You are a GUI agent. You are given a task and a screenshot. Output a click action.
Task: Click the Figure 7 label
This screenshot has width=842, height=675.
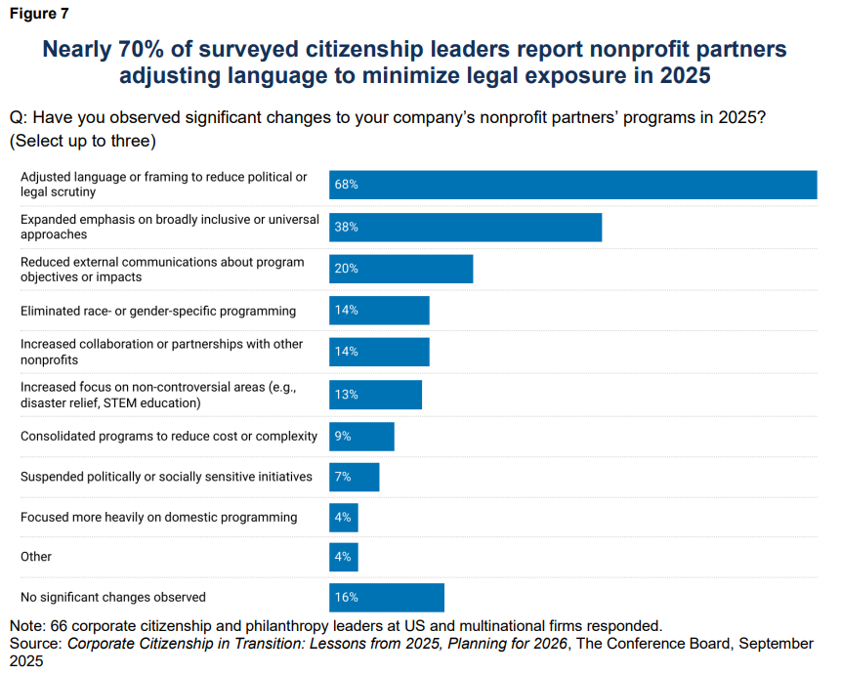(x=39, y=14)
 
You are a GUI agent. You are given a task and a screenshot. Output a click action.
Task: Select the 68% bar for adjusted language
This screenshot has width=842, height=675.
(x=572, y=185)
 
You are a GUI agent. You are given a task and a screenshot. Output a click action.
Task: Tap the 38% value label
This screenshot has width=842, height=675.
(x=346, y=227)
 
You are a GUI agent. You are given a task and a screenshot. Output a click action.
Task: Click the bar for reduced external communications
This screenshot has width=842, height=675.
(x=400, y=269)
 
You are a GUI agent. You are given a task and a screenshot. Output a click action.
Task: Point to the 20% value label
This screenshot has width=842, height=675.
(x=346, y=269)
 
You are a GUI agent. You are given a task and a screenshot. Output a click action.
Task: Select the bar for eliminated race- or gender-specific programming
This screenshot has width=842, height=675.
(x=379, y=311)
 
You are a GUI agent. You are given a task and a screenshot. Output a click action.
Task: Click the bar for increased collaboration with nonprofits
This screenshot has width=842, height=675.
(x=379, y=352)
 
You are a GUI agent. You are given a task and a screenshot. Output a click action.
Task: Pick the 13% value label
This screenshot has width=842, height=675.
(x=346, y=395)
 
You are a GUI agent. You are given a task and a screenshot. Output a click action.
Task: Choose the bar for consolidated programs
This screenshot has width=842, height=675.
(x=361, y=437)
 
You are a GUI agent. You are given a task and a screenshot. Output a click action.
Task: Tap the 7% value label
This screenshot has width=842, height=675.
(x=342, y=477)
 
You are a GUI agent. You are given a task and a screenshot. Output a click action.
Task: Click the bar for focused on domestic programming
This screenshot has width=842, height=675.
(x=344, y=517)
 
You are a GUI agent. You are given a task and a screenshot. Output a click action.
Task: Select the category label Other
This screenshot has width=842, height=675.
(x=36, y=557)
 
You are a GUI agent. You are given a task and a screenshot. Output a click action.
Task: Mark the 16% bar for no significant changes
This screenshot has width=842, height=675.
(x=387, y=597)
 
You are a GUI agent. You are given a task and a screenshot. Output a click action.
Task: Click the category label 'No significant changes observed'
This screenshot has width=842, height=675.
(x=113, y=597)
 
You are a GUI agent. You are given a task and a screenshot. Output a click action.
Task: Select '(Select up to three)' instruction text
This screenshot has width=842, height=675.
(x=83, y=141)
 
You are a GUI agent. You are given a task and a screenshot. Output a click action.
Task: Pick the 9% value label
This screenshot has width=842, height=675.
(x=342, y=437)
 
